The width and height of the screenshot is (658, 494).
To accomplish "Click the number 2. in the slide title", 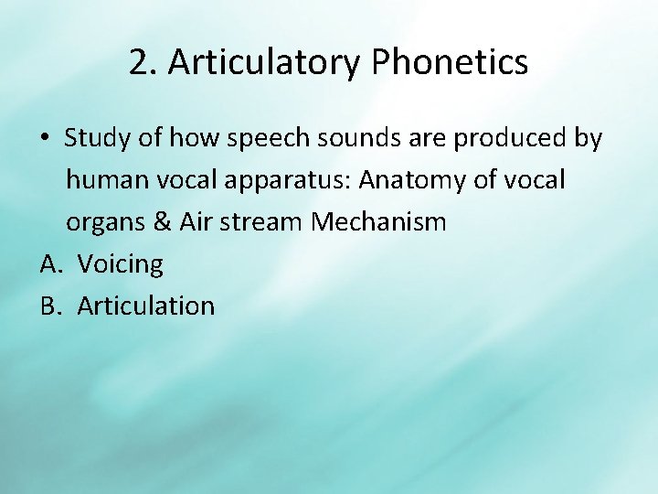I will (x=143, y=63).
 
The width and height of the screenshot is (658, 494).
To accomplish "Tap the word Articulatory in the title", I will (x=265, y=63).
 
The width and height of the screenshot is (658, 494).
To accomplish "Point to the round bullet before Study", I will (x=45, y=139).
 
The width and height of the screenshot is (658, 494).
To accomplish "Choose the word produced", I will (x=511, y=139).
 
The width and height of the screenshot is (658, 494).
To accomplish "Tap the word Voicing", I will (x=121, y=264).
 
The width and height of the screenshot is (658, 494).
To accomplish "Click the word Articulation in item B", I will (x=146, y=306).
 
